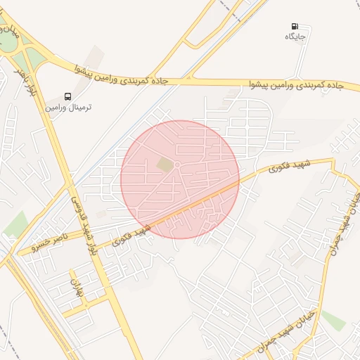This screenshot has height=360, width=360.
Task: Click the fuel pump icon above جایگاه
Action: coord(293,26)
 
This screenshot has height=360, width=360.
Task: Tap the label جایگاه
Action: coord(293,37)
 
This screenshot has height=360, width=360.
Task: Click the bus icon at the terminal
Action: coord(68,96)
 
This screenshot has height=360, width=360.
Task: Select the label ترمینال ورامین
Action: coord(69,108)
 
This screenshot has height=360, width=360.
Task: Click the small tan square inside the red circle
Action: coord(164,165)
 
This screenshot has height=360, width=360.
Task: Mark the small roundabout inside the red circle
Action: coord(178,165)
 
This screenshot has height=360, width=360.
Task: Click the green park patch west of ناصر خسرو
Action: coord(15,224)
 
